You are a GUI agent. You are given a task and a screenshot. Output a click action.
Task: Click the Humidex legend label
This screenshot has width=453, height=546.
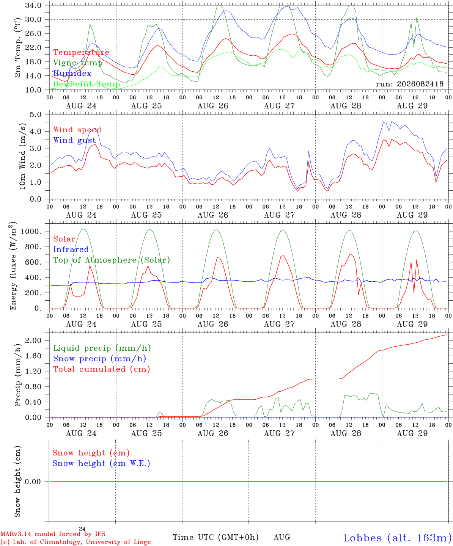point(72,73)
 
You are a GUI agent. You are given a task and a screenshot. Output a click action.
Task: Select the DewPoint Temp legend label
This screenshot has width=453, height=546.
point(87,84)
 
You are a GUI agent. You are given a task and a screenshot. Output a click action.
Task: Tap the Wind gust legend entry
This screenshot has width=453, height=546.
point(75,140)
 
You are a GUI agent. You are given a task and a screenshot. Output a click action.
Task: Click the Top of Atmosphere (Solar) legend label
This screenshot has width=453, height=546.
point(112,260)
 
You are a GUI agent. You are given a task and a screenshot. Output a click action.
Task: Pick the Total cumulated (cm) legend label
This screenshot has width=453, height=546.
point(102,369)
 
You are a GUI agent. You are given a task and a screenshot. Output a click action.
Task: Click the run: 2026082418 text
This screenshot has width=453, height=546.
point(409,84)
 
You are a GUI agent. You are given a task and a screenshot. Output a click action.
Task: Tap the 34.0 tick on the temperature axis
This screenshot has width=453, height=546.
point(33,5)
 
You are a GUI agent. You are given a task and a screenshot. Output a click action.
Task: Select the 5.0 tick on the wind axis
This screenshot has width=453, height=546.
point(36,115)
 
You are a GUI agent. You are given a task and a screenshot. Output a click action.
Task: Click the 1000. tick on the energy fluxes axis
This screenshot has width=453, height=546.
point(31,231)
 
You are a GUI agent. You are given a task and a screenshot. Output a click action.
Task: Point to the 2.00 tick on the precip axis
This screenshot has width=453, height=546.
point(33,340)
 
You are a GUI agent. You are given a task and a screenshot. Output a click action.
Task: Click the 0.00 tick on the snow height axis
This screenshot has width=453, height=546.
point(33,482)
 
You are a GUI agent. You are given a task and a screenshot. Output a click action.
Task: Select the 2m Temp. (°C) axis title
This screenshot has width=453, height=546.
point(17,48)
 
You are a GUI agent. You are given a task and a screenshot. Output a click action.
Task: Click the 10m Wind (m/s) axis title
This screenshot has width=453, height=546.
point(22,156)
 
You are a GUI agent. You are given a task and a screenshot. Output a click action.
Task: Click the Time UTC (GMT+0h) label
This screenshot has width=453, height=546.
point(215,537)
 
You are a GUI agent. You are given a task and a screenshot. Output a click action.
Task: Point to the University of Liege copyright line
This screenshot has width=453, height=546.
point(75,542)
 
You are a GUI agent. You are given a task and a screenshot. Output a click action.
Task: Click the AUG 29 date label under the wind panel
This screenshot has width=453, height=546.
point(412,215)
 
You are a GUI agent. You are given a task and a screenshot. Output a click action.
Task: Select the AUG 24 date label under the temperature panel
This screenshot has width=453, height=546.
point(81,106)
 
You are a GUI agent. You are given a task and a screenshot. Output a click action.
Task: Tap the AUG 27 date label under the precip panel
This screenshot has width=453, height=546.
point(279,433)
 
